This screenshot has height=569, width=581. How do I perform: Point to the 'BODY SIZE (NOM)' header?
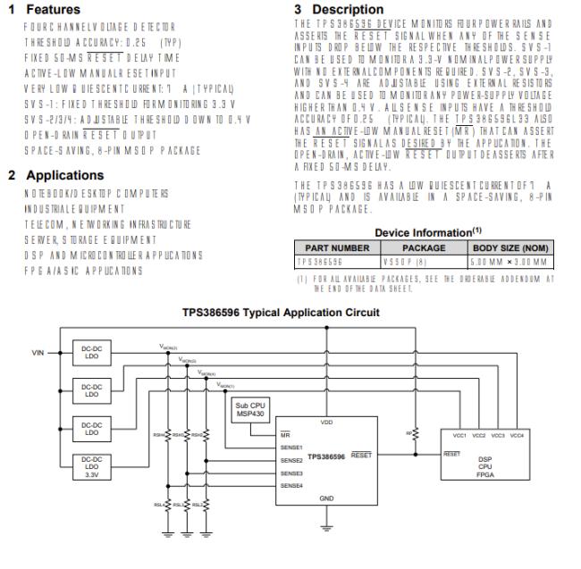point(509,248)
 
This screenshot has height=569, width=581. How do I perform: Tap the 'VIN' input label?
point(38,353)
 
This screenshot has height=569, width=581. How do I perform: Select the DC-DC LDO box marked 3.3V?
point(91,467)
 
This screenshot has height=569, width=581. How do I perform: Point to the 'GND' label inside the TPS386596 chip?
point(326,498)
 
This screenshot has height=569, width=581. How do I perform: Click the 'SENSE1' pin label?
point(290,447)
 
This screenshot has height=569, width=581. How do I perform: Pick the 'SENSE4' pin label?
point(290,485)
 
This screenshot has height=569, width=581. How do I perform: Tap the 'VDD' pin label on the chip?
point(326,423)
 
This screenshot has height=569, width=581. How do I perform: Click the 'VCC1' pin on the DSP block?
point(460,434)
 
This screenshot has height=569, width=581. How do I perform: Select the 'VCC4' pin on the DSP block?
point(517,434)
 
